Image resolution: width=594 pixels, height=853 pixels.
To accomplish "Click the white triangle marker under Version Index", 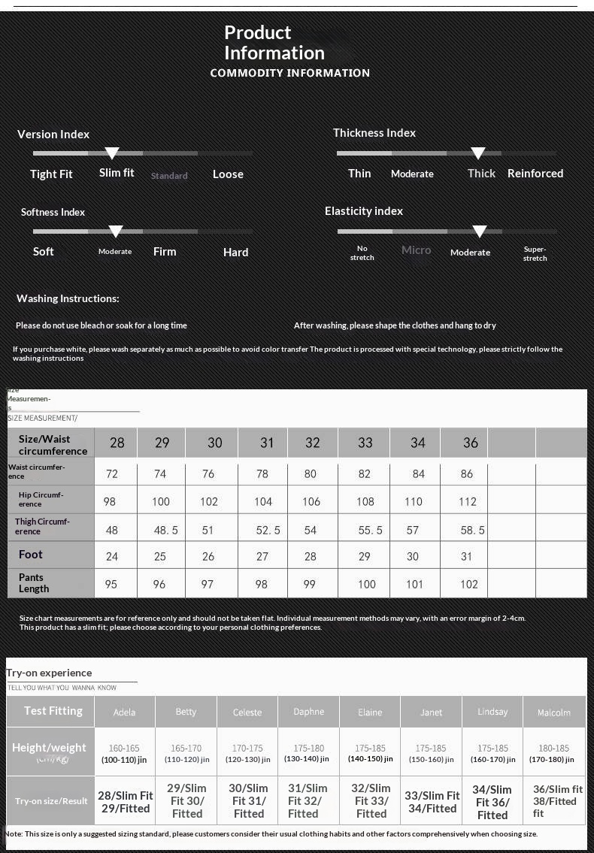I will coord(112,153).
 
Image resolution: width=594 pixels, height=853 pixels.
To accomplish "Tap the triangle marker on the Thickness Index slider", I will coord(477,153).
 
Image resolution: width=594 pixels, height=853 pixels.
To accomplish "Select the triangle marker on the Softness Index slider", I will coord(116,231).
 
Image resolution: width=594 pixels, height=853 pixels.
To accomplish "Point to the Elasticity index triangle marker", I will coord(480,231).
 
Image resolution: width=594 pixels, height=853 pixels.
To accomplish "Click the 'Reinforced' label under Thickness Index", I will coord(535,174).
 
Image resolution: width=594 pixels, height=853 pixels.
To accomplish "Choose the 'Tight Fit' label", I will coord(51,174).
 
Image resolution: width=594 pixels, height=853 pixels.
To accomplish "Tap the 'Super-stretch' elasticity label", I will coord(535,254).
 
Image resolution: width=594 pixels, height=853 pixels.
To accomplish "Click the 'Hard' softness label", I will coord(235,253).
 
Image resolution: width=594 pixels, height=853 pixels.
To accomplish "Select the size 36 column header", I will coord(471,443).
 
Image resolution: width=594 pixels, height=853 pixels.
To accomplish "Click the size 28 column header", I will coord(117,443).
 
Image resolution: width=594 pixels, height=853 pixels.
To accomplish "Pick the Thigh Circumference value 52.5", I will coord(268,530).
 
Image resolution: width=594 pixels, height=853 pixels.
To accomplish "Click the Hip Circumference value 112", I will coord(468,501).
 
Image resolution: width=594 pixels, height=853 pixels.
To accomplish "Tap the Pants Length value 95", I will coord(111,584).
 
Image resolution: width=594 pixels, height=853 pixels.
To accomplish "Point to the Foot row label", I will coord(31,555).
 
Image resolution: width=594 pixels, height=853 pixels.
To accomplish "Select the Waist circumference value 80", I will coord(311,473).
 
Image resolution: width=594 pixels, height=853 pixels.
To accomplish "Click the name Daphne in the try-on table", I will coord(309,712).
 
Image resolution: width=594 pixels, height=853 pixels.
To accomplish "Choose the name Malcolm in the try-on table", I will coord(553,712).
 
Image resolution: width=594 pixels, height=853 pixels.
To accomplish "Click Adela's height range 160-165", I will coord(124,749).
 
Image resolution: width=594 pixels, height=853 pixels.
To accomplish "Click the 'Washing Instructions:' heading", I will coord(68,298).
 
